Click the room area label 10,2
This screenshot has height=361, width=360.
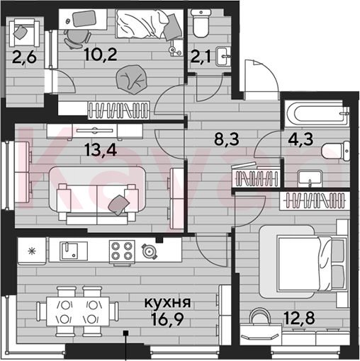[x=101, y=55]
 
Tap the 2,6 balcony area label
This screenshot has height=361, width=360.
[x=24, y=58]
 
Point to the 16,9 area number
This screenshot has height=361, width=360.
[x=167, y=319]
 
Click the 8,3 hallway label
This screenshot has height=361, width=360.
[x=227, y=139]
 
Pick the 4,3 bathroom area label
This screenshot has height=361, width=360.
[x=300, y=139]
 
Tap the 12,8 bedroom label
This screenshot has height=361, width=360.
[x=299, y=317]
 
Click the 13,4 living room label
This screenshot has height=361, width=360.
[x=101, y=150]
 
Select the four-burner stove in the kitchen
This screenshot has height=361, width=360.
[x=122, y=252]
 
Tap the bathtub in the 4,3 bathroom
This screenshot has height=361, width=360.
[x=317, y=114]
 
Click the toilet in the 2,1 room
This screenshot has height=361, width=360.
[x=201, y=23]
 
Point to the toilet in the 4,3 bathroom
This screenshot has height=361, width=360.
[x=335, y=151]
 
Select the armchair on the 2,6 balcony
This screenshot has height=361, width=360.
[x=25, y=33]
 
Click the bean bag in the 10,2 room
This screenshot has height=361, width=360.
[x=132, y=79]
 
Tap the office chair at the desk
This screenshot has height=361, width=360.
[x=77, y=39]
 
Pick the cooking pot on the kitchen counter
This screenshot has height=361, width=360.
[x=150, y=252]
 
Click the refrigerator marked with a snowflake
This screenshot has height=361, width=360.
[x=32, y=251]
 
